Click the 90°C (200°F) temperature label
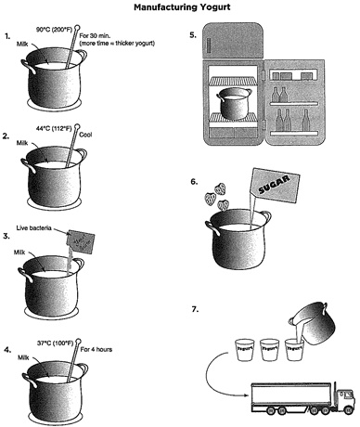click(58, 27)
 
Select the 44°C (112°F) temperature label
click(54, 123)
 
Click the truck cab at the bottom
click(342, 396)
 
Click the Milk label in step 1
click(25, 44)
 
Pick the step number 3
click(7, 237)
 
